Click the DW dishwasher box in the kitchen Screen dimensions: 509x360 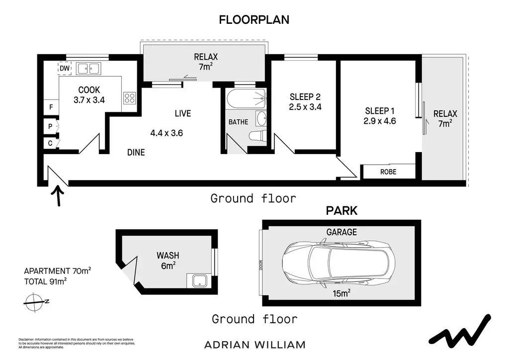coord(65,68)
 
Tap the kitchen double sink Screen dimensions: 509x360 coord(88,69)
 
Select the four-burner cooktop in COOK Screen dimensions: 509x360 coord(130,98)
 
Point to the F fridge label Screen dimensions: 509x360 coord(51,107)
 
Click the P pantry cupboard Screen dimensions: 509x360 coord(51,126)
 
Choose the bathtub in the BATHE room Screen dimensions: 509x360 coord(247,98)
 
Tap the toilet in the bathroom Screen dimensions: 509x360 coord(258,136)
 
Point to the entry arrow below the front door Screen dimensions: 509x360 coord(59,196)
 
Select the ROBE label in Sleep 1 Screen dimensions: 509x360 coord(388,172)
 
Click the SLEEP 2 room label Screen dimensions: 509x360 coord(305,97)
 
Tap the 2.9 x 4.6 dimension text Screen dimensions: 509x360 coord(380,121)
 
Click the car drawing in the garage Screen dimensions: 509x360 coord(339,263)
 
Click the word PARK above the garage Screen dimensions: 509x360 coord(341,211)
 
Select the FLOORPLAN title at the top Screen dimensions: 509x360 coord(254,20)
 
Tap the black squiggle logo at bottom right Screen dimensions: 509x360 coord(460,331)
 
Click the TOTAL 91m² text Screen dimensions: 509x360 coord(45,281)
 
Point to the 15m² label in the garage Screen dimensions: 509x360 coord(341,293)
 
